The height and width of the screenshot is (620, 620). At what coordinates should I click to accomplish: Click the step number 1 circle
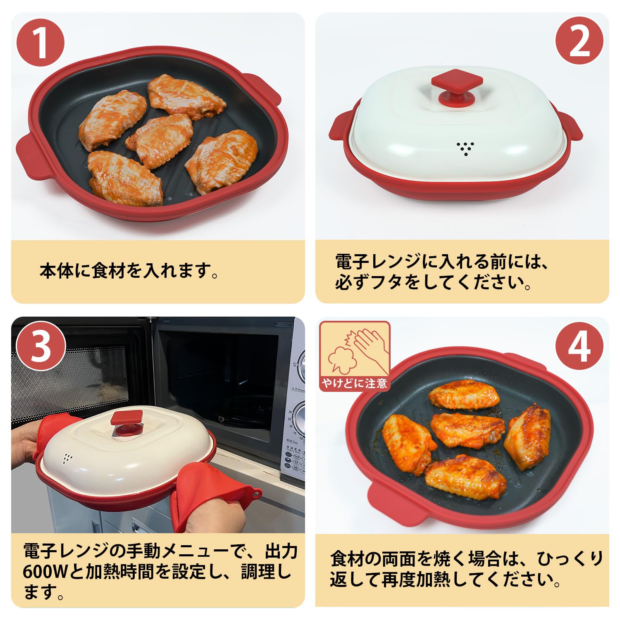tap(41, 43)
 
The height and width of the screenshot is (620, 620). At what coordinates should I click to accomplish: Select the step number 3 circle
tap(41, 346)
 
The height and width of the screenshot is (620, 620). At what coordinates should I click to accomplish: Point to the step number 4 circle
tap(579, 346)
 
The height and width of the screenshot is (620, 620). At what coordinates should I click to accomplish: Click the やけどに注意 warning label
tap(355, 384)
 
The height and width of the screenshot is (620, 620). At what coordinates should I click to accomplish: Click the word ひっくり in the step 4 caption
tap(570, 559)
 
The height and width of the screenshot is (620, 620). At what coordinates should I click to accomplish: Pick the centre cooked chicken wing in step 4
tap(467, 430)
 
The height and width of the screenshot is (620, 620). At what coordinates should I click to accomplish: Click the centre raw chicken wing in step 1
tap(159, 135)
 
